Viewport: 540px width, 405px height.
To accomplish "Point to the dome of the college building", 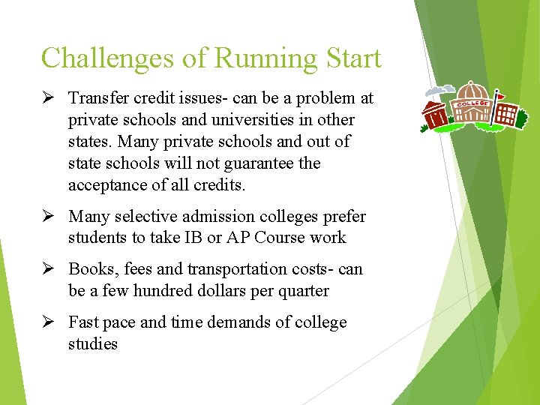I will pyautogui.click(x=472, y=88).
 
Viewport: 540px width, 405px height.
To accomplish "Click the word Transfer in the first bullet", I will pyautogui.click(x=95, y=98).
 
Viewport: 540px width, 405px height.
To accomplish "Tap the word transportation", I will pyautogui.click(x=238, y=268).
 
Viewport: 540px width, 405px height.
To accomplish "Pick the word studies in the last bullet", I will pyautogui.click(x=93, y=344).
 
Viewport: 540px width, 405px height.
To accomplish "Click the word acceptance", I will pyautogui.click(x=106, y=185).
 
